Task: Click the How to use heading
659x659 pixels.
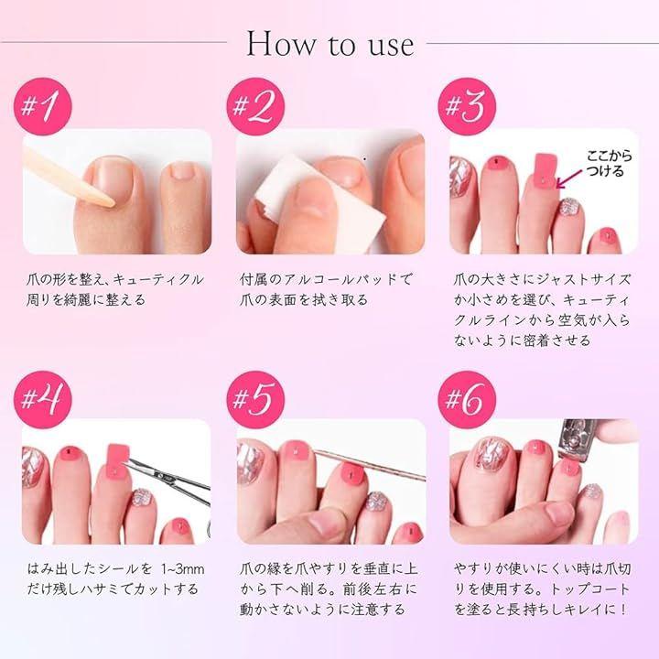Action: [330, 43]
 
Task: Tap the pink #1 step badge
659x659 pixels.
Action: [43, 106]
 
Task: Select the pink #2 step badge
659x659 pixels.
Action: [255, 106]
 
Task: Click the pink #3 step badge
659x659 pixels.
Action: [467, 106]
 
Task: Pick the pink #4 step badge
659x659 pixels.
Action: [43, 399]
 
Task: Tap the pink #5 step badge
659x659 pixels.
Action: [255, 399]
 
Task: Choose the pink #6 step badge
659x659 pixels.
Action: [467, 399]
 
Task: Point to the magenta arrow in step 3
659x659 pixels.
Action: [571, 178]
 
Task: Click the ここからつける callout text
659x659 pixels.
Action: [609, 163]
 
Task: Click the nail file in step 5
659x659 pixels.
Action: [370, 465]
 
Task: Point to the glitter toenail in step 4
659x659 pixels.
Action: [142, 499]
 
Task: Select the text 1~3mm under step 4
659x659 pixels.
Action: [183, 569]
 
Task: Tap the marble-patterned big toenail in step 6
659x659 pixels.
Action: [493, 454]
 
